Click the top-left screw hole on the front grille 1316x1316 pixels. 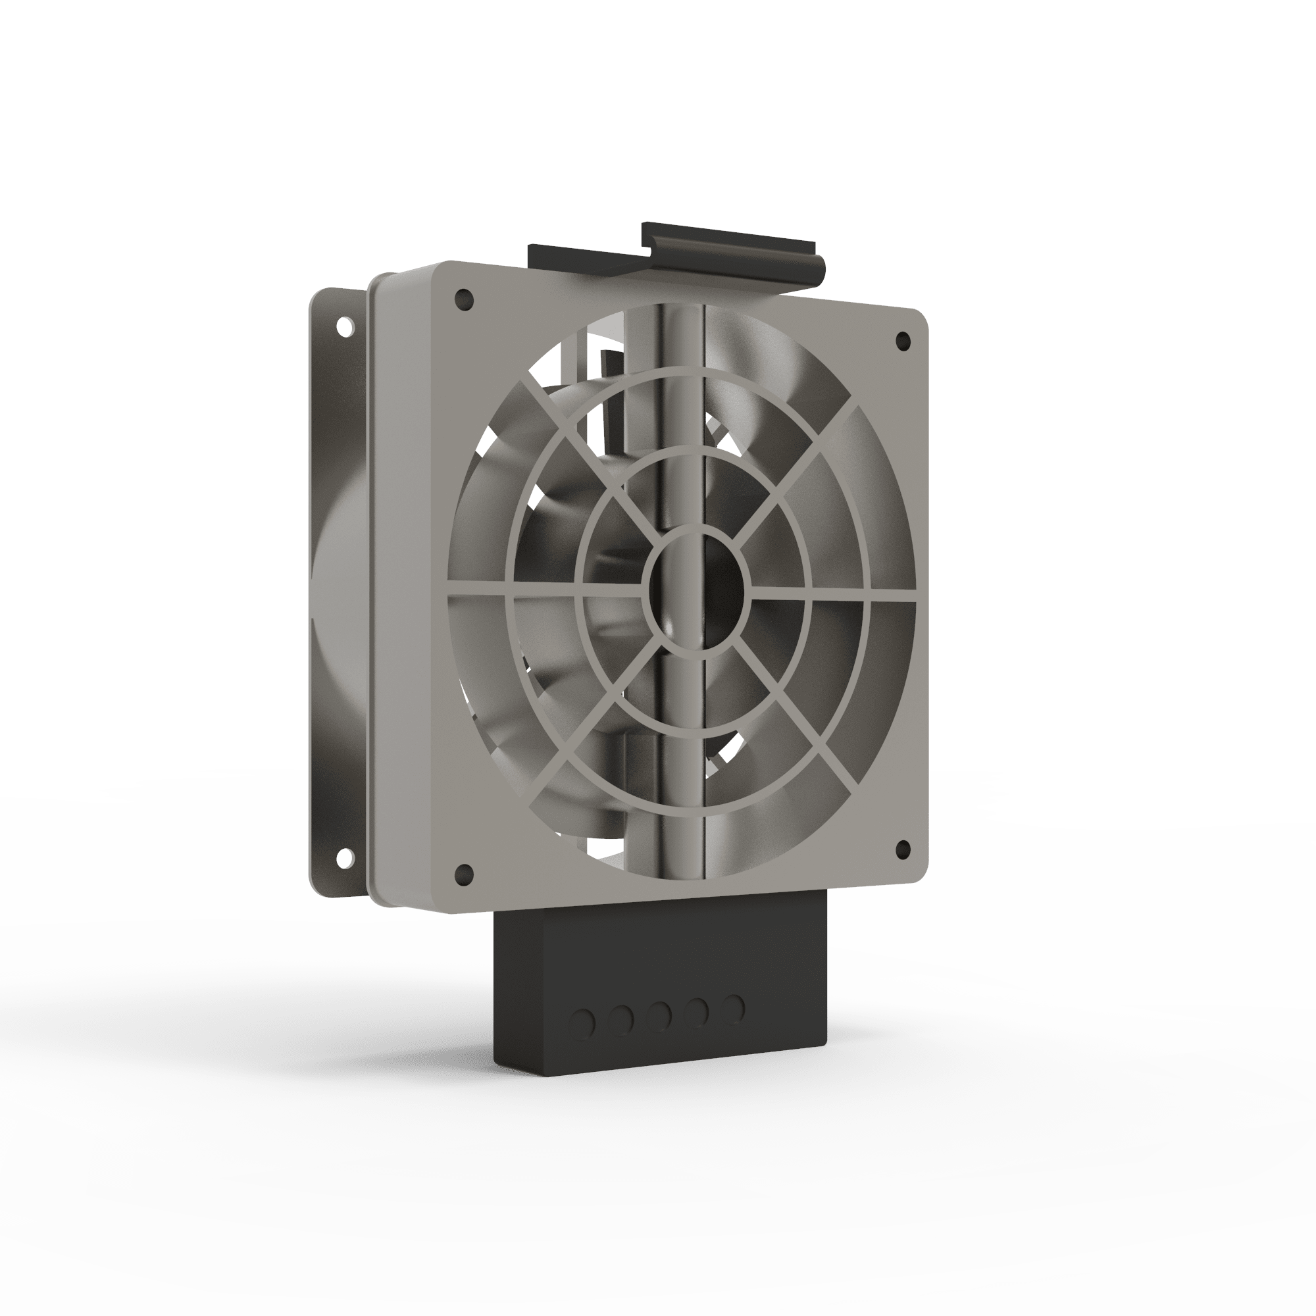tap(465, 298)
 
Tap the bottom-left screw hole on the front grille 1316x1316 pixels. tap(464, 873)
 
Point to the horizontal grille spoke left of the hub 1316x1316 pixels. tap(545, 594)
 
